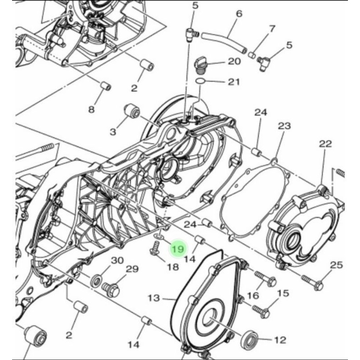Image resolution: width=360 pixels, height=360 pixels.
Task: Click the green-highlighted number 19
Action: click(x=178, y=249)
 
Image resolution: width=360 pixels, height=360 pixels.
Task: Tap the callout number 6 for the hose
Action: click(x=239, y=14)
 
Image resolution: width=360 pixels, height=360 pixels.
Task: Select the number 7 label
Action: click(x=272, y=29)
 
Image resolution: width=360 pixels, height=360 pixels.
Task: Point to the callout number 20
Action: click(x=234, y=61)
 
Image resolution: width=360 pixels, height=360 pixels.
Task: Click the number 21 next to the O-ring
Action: click(x=234, y=82)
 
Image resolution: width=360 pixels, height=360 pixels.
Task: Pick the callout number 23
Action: click(x=284, y=126)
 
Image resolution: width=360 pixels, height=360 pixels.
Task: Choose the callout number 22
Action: click(x=325, y=144)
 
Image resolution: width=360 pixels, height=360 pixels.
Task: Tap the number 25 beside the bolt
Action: click(x=336, y=265)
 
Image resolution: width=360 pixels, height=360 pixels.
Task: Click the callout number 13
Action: click(x=154, y=298)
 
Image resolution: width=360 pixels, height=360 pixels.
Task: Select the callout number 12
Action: click(x=280, y=340)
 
